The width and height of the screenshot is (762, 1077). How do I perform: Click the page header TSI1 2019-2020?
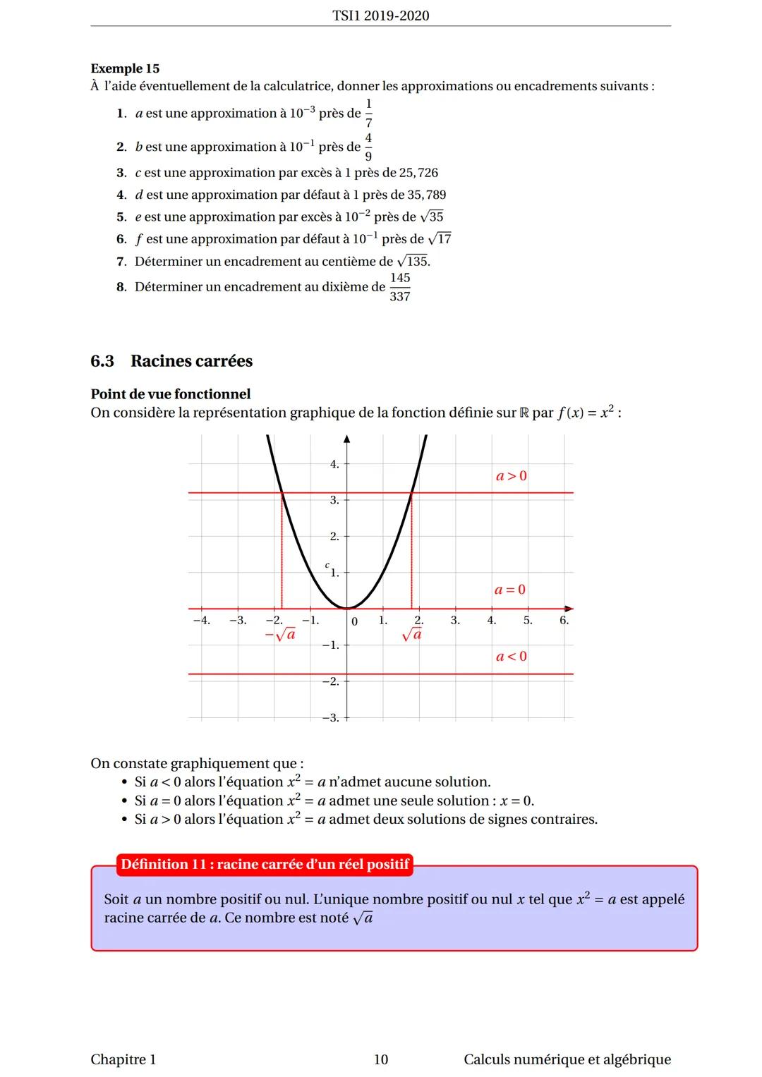click(x=380, y=16)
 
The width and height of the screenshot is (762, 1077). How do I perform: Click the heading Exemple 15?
click(x=125, y=68)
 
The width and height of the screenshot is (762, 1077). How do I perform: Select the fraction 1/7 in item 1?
click(x=368, y=113)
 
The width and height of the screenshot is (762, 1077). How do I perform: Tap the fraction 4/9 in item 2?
click(x=368, y=147)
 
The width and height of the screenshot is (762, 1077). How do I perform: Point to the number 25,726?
click(x=418, y=173)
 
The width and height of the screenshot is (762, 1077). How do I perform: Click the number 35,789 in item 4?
click(x=426, y=195)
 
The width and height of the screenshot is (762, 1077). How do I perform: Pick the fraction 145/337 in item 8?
click(x=400, y=287)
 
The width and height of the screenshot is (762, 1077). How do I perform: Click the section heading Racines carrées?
click(x=191, y=361)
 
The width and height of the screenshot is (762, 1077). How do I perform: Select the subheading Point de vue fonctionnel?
click(x=171, y=394)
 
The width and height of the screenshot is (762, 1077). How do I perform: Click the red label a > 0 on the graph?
click(x=512, y=476)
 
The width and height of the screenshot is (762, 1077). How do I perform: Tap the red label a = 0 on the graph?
click(x=510, y=590)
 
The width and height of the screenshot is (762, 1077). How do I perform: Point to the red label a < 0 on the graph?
click(x=512, y=657)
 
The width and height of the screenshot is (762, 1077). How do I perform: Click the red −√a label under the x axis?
click(x=280, y=635)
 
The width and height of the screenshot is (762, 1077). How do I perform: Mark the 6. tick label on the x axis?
click(x=564, y=621)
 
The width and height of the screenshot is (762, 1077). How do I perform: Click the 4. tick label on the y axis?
click(x=334, y=464)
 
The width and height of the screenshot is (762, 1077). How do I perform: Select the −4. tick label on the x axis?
click(x=201, y=621)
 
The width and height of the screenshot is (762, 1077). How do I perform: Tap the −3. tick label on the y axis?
click(x=330, y=718)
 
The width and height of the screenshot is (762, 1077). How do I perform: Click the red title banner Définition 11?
click(x=265, y=864)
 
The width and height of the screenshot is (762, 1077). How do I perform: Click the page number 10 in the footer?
click(x=381, y=1059)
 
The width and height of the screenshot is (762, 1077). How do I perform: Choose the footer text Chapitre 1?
click(x=123, y=1059)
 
